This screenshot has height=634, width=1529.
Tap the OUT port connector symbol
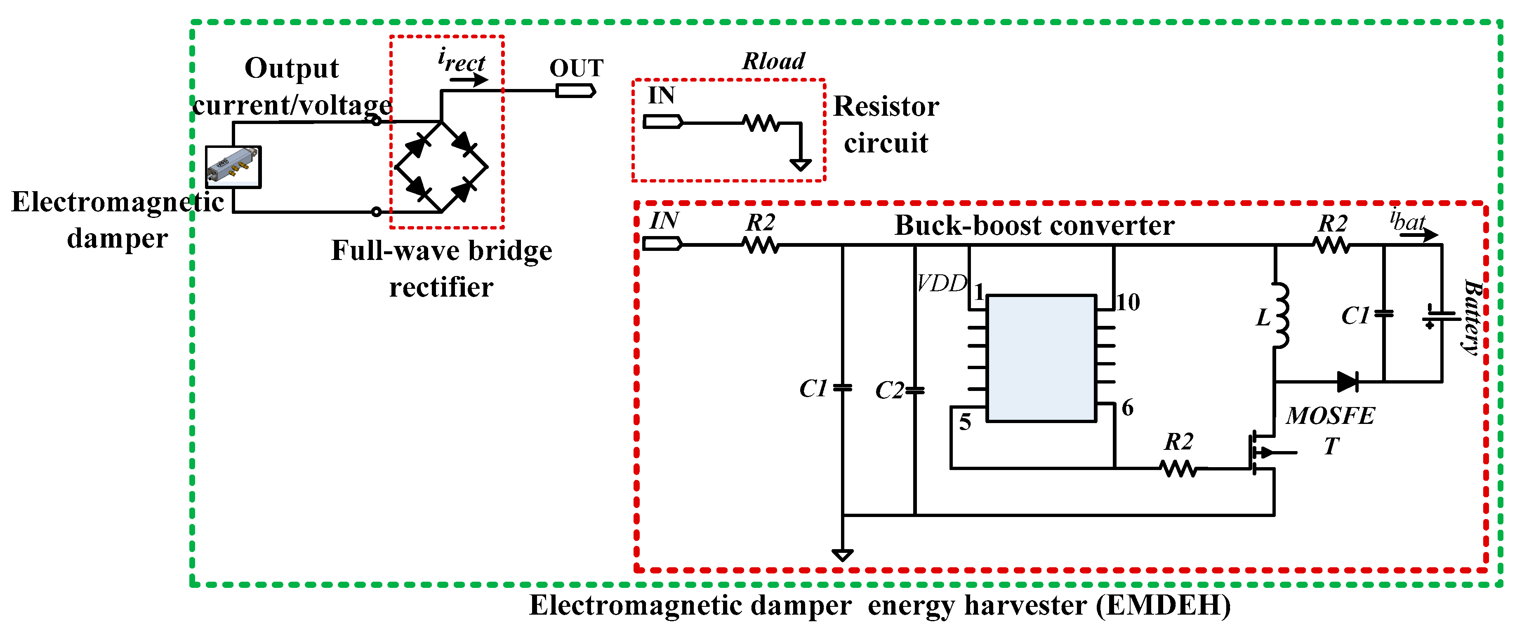[575, 91]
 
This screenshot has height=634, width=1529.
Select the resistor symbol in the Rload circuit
[761, 123]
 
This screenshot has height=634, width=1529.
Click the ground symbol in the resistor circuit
[800, 164]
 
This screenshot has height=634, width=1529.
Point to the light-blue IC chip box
[1041, 358]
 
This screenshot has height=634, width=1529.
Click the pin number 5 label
[965, 422]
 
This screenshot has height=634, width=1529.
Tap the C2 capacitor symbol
[915, 390]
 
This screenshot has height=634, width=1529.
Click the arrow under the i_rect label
[469, 80]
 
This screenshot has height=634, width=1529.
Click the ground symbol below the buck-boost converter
[842, 555]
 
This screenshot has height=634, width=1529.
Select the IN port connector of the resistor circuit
[662, 123]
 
